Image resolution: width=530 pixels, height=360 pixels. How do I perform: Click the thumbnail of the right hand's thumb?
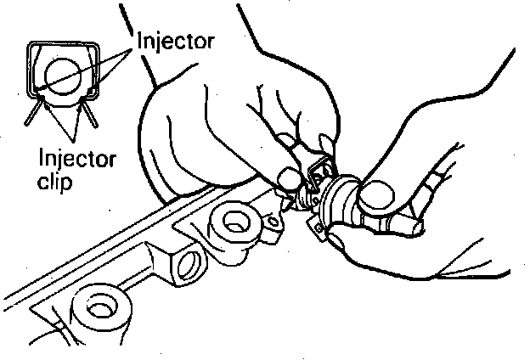(x=371, y=197)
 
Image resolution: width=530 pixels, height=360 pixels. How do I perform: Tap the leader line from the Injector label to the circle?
(x=89, y=65)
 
